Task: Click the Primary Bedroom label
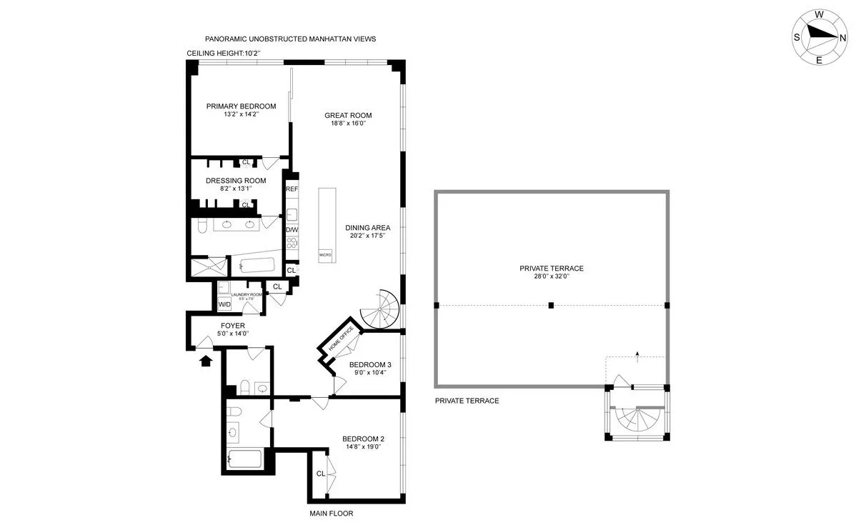point(241,106)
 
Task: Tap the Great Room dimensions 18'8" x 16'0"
point(348,124)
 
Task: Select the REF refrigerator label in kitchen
point(292,189)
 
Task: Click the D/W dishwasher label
point(292,230)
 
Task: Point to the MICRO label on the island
point(325,255)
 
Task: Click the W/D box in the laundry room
point(224,304)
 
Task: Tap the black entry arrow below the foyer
point(205,360)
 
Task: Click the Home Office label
point(340,339)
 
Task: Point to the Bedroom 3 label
point(370,365)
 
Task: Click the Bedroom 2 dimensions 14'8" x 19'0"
point(363,446)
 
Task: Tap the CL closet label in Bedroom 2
point(321,474)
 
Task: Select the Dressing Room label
point(236,181)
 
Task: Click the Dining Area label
point(367,228)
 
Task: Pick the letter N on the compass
point(843,38)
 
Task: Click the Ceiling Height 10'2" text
point(224,54)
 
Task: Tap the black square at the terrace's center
point(551,306)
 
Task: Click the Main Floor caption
point(332,514)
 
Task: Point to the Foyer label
point(232,326)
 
